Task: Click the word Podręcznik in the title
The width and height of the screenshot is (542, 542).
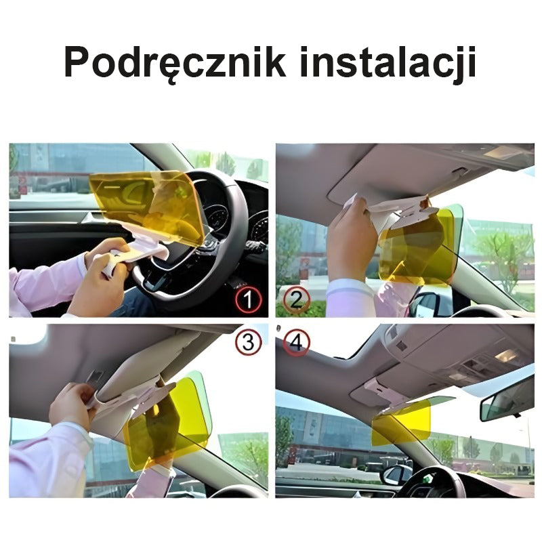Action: point(175,64)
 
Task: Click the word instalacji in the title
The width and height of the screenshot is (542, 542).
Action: point(388,64)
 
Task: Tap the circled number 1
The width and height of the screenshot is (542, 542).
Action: point(248,299)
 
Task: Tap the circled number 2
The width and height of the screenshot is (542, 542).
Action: point(296,299)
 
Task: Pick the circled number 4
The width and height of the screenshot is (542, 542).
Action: point(296,343)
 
